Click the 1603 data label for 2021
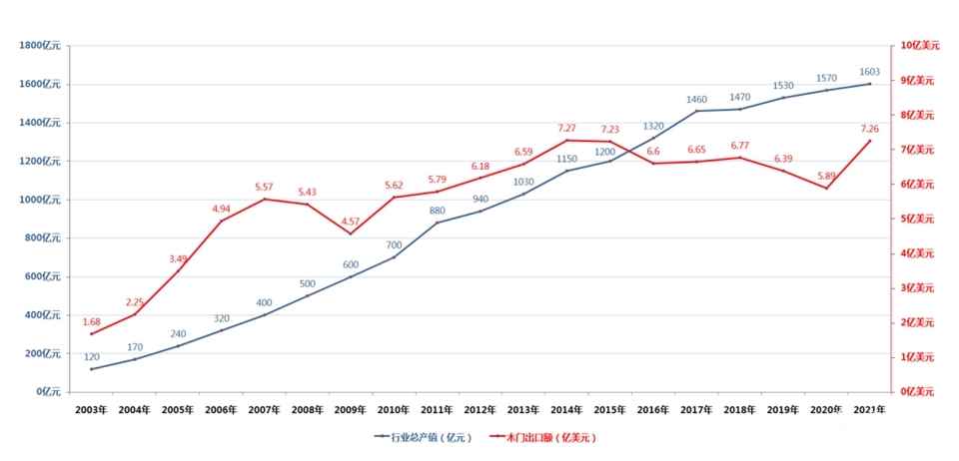pyautogui.click(x=870, y=72)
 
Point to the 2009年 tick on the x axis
pyautogui.click(x=351, y=409)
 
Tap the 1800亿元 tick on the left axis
pyautogui.click(x=41, y=46)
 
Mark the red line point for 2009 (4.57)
pyautogui.click(x=351, y=233)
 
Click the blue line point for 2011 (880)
pyautogui.click(x=438, y=223)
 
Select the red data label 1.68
pyautogui.click(x=92, y=321)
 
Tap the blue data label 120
pyautogui.click(x=92, y=356)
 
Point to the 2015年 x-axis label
pyautogui.click(x=610, y=409)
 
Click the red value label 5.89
pyautogui.click(x=827, y=176)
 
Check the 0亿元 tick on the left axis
pyautogui.click(x=49, y=391)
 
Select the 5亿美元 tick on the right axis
pyautogui.click(x=915, y=219)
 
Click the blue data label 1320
pyautogui.click(x=653, y=127)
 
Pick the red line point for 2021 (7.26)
pyautogui.click(x=870, y=141)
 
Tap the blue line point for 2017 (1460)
pyautogui.click(x=697, y=111)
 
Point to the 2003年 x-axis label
pyautogui.click(x=91, y=409)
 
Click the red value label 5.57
pyautogui.click(x=265, y=187)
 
